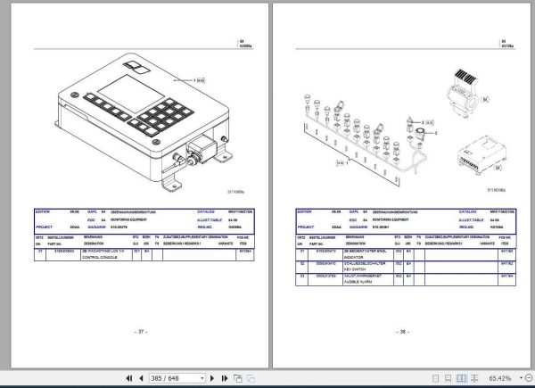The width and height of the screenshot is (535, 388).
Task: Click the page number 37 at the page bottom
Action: click(x=140, y=330)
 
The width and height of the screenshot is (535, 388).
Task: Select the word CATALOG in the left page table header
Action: click(x=207, y=213)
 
